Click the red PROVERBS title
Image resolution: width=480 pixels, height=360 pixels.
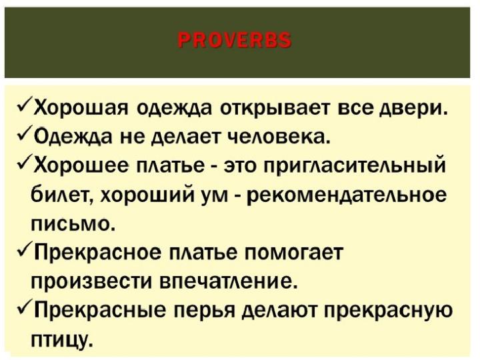(x=235, y=40)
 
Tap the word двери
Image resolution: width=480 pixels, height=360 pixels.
(x=413, y=109)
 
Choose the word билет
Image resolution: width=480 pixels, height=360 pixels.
(x=63, y=195)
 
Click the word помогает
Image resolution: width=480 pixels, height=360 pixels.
(x=293, y=253)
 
